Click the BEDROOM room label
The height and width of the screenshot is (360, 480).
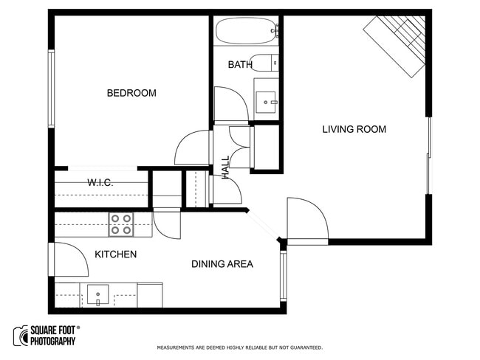coord(131,93)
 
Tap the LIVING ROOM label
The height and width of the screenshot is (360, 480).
coord(354,129)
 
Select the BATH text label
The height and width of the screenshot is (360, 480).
coord(240,65)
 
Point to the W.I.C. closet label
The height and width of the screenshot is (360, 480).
coord(100,182)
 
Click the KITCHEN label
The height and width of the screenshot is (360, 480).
coord(115,255)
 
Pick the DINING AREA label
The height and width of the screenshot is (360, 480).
coord(222,264)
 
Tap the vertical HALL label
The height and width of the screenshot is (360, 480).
coord(225,167)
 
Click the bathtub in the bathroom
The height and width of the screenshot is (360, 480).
coord(246,33)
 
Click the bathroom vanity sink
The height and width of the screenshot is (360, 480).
coord(266,98)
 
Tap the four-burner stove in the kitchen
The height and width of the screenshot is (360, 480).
coord(121,224)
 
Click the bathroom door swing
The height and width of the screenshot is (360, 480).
coord(230,105)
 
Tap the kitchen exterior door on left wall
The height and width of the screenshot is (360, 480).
coord(69,259)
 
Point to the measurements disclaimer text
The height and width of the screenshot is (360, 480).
coord(239,347)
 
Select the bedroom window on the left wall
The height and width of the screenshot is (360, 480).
coord(52,88)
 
